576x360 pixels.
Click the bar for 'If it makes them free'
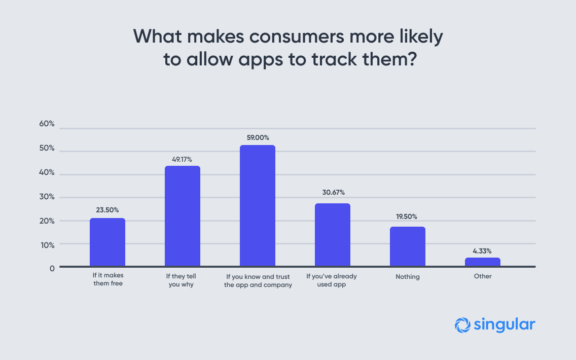(x=107, y=242)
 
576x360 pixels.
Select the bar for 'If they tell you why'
(x=183, y=215)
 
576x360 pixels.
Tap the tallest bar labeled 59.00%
(x=258, y=205)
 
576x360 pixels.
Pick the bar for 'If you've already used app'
(x=333, y=234)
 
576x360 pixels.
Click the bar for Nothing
(x=408, y=246)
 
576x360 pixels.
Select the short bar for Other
(x=483, y=262)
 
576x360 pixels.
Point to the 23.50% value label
(x=107, y=210)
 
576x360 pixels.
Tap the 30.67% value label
(x=333, y=193)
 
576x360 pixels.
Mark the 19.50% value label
(x=408, y=217)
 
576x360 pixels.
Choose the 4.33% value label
(x=483, y=250)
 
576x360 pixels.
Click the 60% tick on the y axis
(x=47, y=125)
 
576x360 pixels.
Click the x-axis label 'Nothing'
(x=408, y=277)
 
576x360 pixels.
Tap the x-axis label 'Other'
(x=483, y=277)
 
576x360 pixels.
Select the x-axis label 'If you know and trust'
(x=258, y=277)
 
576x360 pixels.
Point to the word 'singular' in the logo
(x=505, y=325)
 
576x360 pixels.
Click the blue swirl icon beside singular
(x=462, y=326)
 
